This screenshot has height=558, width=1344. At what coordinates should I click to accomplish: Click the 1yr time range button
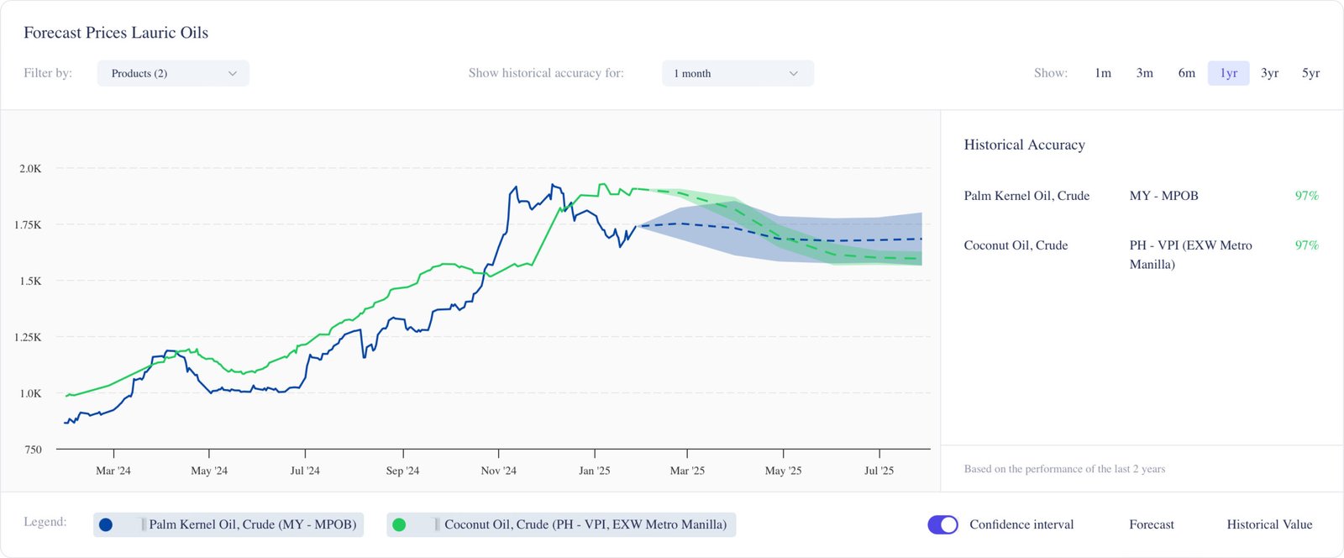1228,73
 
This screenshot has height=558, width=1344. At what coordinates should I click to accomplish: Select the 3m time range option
1144,73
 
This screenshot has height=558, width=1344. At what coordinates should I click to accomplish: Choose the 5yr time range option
1310,73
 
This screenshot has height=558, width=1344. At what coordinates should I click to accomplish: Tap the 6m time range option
1186,73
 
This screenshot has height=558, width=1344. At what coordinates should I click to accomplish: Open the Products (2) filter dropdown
173,73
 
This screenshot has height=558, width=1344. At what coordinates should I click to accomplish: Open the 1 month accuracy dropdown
738,73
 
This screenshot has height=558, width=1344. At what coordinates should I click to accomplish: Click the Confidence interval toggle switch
942,524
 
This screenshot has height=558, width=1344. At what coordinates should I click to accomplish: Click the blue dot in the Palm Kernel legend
106,524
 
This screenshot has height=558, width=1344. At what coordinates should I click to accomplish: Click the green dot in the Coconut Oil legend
399,524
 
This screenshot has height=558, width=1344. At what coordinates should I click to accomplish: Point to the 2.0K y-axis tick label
30,169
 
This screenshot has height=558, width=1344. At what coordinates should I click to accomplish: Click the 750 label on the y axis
33,450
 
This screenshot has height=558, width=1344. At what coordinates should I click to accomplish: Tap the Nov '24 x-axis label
498,471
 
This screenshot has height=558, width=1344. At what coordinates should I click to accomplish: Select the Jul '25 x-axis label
879,471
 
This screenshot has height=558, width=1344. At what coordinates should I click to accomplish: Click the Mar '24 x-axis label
113,471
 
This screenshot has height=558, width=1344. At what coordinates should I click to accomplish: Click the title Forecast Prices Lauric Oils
116,33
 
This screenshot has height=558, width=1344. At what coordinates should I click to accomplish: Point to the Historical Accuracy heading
1024,145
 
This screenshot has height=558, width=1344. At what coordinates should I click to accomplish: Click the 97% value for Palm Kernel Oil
1306,196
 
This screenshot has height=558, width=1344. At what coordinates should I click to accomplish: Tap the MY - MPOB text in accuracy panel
1163,196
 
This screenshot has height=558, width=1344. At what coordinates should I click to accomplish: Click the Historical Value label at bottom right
1269,524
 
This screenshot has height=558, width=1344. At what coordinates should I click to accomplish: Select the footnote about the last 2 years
1064,469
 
